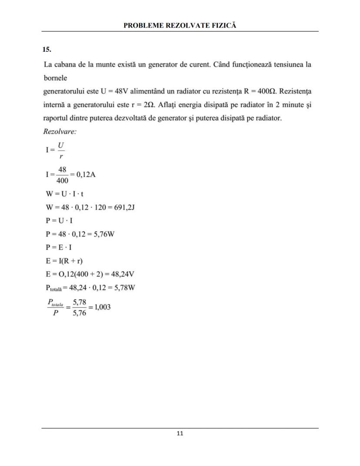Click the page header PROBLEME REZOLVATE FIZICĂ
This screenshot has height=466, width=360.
click(x=180, y=25)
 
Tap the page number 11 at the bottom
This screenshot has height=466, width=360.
click(x=180, y=433)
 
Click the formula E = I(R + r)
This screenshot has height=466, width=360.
click(x=64, y=261)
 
